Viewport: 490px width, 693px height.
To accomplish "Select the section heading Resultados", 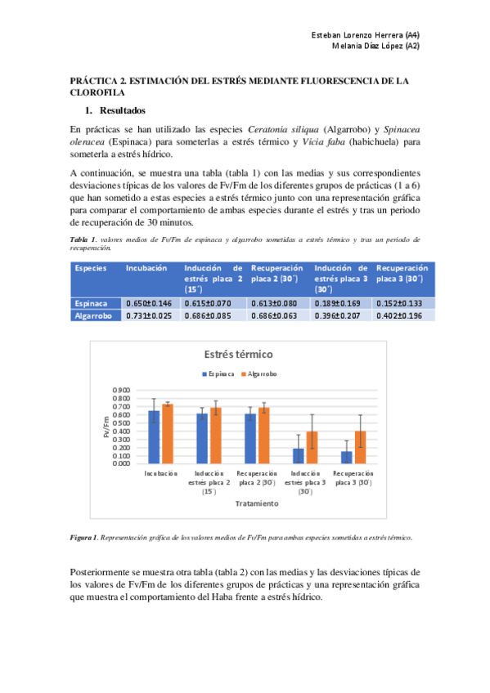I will [x=123, y=110].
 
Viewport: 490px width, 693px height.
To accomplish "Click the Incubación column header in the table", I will [x=146, y=267].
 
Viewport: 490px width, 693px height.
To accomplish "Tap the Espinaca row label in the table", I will [x=91, y=302].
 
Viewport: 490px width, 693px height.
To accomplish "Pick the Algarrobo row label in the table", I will [x=93, y=315].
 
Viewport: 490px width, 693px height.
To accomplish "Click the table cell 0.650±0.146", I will [x=149, y=302].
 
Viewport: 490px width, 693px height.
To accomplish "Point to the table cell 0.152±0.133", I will [x=400, y=302].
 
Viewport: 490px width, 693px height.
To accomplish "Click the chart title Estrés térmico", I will [x=238, y=355].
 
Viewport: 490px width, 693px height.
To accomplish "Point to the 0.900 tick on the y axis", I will [x=119, y=390].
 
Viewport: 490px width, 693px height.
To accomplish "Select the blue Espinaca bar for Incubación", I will [x=154, y=436].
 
